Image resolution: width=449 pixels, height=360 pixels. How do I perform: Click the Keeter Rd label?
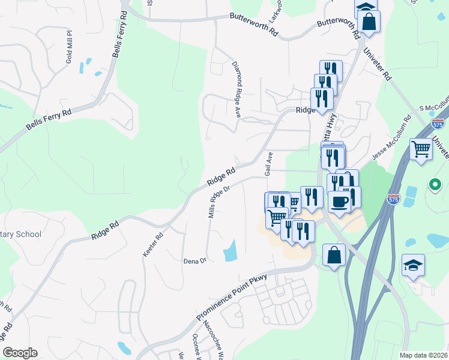[x=152, y=245]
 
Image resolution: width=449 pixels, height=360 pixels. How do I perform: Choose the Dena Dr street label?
[x=194, y=261]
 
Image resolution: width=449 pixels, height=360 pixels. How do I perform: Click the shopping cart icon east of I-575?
[x=421, y=148]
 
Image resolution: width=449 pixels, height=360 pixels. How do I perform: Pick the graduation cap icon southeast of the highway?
[x=413, y=266]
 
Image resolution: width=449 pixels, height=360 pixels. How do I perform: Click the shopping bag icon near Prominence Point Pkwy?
[x=334, y=255]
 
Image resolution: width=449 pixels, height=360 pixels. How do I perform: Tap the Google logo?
[x=20, y=353]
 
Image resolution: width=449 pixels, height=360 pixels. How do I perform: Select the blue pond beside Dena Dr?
[x=230, y=251]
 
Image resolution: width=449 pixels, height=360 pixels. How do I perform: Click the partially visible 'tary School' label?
[x=20, y=235]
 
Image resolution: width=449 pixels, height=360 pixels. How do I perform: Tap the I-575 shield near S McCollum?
[x=438, y=124]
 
